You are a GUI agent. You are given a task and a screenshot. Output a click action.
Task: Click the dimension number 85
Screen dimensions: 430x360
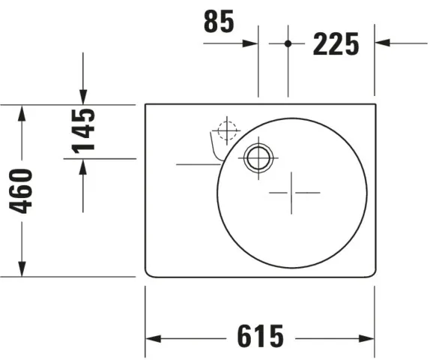(219, 21)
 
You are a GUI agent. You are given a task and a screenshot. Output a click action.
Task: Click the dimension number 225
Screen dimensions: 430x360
(336, 44)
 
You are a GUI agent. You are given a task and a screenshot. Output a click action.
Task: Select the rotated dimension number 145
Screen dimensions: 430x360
(83, 130)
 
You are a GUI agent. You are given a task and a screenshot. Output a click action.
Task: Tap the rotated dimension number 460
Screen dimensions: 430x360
(20, 191)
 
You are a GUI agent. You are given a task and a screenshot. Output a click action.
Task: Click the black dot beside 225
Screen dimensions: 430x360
(288, 43)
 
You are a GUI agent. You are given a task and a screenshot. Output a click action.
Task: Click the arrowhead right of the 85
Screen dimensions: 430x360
(250, 43)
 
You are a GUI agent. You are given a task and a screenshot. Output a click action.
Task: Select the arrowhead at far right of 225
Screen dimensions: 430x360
(383, 43)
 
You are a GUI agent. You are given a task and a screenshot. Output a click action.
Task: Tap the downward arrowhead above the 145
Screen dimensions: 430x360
(83, 97)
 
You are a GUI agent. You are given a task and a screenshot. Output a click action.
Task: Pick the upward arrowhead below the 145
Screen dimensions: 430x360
(83, 166)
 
